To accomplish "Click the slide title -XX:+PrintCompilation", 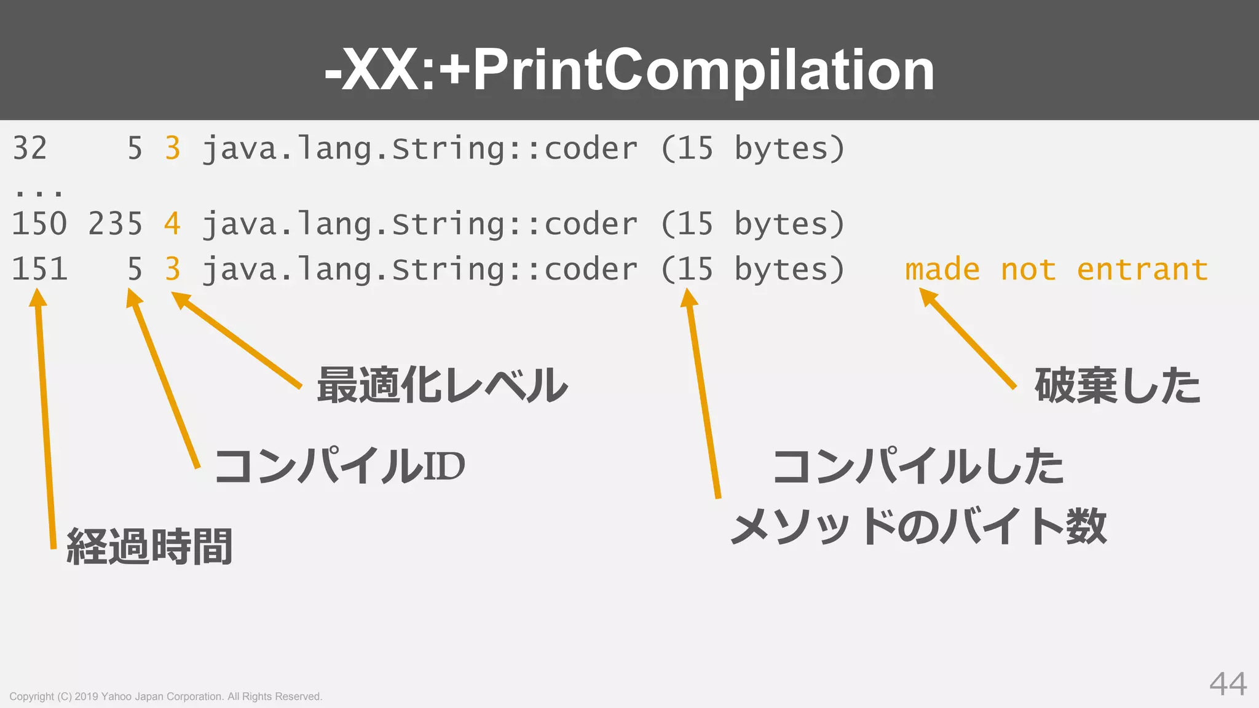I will tap(629, 69).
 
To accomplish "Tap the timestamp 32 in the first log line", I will tap(30, 149).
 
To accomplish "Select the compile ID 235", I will tap(115, 224).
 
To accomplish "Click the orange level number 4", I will tap(172, 224).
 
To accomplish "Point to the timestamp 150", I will tap(39, 224).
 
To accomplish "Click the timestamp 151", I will tap(39, 269).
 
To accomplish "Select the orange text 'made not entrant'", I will tap(1056, 269).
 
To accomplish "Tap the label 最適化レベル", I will tap(442, 385).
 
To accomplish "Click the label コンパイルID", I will tap(339, 465).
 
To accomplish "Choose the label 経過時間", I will tap(149, 546).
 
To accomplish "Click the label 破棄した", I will tap(1117, 385).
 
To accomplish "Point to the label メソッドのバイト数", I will tap(918, 527).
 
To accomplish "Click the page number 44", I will tap(1228, 683).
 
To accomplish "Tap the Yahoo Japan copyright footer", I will tap(166, 696).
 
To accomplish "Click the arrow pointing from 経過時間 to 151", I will tap(45, 418).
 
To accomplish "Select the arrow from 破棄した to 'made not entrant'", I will tap(968, 339).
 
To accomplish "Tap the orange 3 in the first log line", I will tap(173, 149).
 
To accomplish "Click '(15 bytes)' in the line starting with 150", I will tap(752, 224).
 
